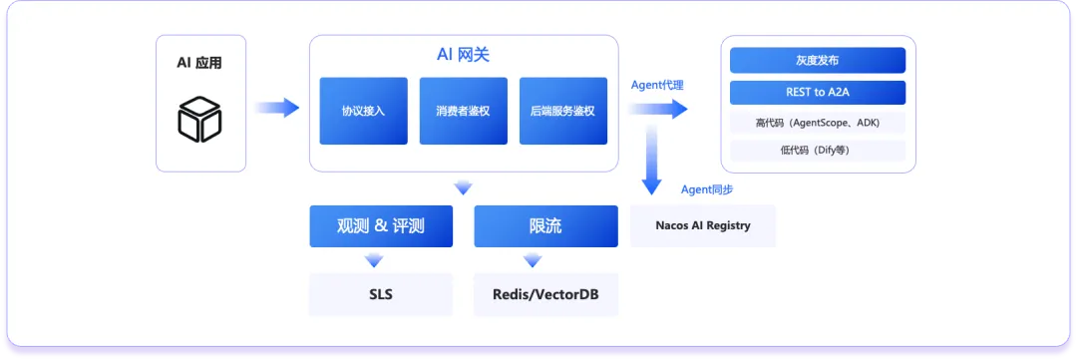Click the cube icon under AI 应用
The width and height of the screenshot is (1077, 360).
pyautogui.click(x=199, y=120)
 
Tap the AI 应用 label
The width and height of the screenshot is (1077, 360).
pyautogui.click(x=199, y=63)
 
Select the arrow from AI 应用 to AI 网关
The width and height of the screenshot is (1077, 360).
pyautogui.click(x=277, y=108)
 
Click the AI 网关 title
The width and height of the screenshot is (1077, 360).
pyautogui.click(x=464, y=55)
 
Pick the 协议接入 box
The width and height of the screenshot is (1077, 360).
pyautogui.click(x=363, y=111)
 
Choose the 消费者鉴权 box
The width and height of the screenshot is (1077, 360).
pyautogui.click(x=464, y=111)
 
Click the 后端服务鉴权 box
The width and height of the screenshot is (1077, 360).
pyautogui.click(x=563, y=111)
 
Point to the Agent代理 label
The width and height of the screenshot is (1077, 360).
pyautogui.click(x=657, y=85)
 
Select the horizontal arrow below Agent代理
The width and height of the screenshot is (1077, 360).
pyautogui.click(x=657, y=109)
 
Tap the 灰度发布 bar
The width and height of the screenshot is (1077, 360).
pyautogui.click(x=818, y=61)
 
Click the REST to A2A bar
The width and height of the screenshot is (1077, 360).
pyautogui.click(x=818, y=92)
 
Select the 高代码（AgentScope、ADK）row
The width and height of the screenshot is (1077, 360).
pyautogui.click(x=818, y=123)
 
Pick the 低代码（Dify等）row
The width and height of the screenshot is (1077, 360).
pyautogui.click(x=818, y=151)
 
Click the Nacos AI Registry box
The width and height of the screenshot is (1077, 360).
pyautogui.click(x=703, y=225)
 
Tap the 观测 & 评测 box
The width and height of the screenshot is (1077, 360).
pyautogui.click(x=381, y=226)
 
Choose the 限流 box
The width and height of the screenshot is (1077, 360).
pyautogui.click(x=546, y=226)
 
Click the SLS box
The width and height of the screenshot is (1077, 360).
pyautogui.click(x=381, y=295)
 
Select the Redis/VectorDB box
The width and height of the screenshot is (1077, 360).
pyautogui.click(x=546, y=295)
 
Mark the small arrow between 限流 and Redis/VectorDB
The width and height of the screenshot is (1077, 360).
pyautogui.click(x=533, y=260)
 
